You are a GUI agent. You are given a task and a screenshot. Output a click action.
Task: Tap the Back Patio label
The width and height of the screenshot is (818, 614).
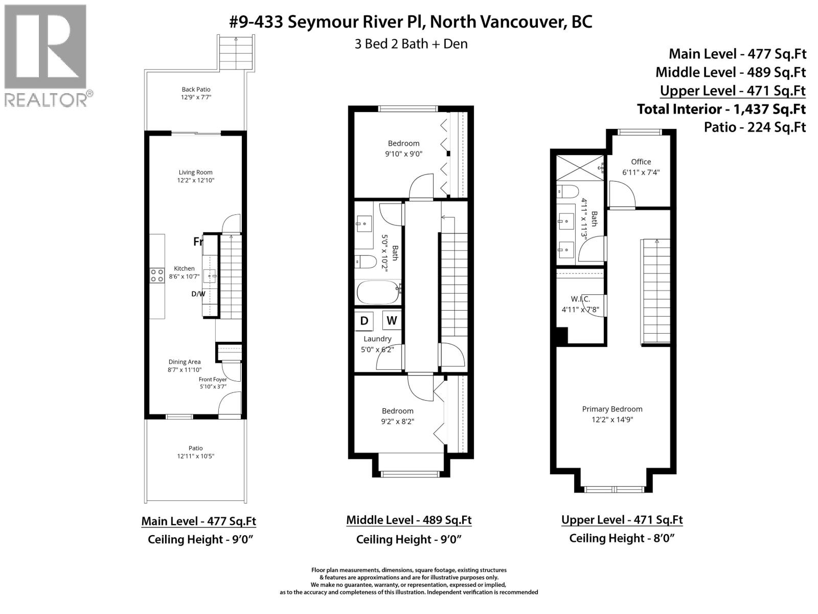[x=196, y=90]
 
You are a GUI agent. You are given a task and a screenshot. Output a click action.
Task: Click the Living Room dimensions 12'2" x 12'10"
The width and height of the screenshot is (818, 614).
[x=196, y=181]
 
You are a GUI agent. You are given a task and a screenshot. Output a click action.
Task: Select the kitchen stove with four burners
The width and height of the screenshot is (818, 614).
[x=157, y=276]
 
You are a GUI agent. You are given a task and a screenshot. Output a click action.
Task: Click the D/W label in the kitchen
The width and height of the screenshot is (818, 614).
[x=198, y=294]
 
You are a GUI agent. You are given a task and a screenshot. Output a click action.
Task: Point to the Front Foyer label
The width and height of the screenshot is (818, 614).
[x=213, y=380]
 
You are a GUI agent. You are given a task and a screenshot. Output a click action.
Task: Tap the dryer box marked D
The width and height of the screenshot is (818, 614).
[x=364, y=321]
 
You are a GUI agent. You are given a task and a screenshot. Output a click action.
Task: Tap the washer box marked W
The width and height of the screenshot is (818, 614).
[x=392, y=321]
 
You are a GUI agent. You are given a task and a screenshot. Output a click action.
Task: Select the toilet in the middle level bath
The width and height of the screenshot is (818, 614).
[x=366, y=262]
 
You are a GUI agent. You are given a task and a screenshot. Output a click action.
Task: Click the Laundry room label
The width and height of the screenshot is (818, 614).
[x=377, y=339]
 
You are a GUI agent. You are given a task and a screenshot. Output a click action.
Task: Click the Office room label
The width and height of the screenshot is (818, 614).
[x=641, y=162]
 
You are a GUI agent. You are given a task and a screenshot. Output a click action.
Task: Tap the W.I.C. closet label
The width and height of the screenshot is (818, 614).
[x=580, y=299]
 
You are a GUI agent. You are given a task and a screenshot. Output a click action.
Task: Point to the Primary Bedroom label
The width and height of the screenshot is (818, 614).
[x=612, y=409]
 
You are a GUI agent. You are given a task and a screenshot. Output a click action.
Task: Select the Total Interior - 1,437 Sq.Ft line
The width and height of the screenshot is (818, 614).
[x=721, y=109]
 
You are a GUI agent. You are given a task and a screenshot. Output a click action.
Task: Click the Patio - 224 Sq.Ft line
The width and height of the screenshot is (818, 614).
[x=755, y=127]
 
